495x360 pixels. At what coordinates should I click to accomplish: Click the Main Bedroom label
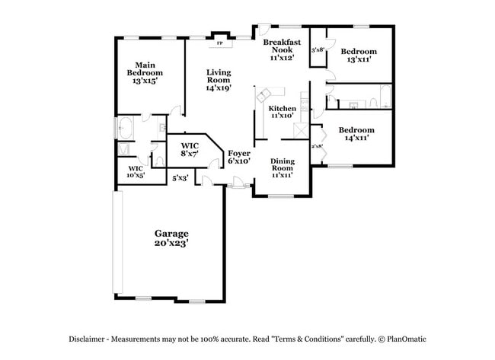pos(144,72)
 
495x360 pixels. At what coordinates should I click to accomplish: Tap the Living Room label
pos(219,80)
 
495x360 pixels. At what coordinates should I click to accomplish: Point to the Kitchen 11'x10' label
pos(282,112)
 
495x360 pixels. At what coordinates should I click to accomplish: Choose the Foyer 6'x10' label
pos(239,158)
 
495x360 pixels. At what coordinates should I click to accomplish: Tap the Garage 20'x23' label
pos(171,238)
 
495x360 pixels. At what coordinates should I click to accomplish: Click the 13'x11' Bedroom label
pos(358,55)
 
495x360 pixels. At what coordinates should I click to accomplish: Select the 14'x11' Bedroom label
pos(356,134)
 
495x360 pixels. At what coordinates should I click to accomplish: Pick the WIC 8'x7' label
pos(190,149)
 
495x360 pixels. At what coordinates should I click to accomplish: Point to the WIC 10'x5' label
pos(136,172)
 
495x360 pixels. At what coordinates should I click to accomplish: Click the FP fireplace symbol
pos(220,43)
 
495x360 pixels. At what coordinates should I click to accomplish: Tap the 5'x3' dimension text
pos(180,178)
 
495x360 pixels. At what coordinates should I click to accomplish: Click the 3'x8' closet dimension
pos(318,50)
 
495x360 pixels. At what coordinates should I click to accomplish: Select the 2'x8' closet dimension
pos(318,145)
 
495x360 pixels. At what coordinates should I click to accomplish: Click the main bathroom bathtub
pos(126,129)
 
